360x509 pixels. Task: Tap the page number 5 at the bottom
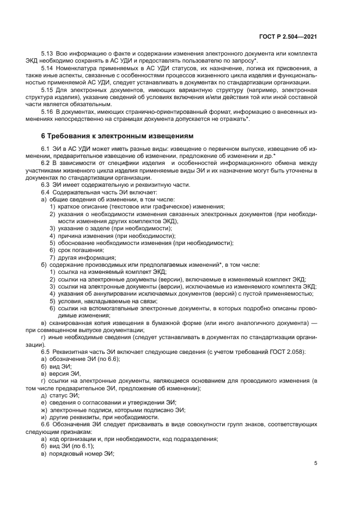pyautogui.click(x=315, y=463)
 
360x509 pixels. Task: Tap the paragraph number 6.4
pyautogui.click(x=46, y=193)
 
